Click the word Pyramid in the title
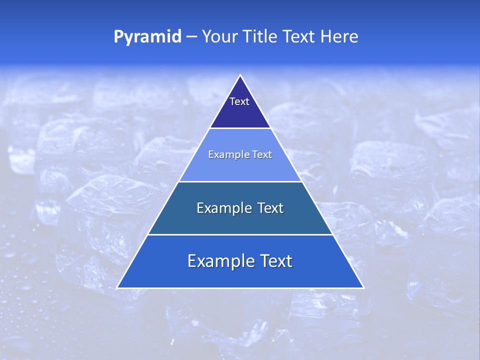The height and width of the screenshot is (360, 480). pyautogui.click(x=147, y=37)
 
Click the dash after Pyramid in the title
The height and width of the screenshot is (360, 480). pyautogui.click(x=191, y=37)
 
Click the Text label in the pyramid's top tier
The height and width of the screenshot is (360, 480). pyautogui.click(x=239, y=101)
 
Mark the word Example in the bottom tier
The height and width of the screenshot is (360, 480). pyautogui.click(x=218, y=261)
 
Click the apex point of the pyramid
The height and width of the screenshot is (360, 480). pyautogui.click(x=240, y=75)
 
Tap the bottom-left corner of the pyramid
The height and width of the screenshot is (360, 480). pyautogui.click(x=117, y=288)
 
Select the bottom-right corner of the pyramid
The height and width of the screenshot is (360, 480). pyautogui.click(x=363, y=288)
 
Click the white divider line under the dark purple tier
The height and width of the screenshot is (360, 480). pyautogui.click(x=240, y=128)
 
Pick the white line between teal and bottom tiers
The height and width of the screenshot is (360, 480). pyautogui.click(x=240, y=234)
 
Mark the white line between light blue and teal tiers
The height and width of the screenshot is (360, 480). pyautogui.click(x=240, y=181)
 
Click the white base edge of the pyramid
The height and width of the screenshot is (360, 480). pyautogui.click(x=240, y=288)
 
